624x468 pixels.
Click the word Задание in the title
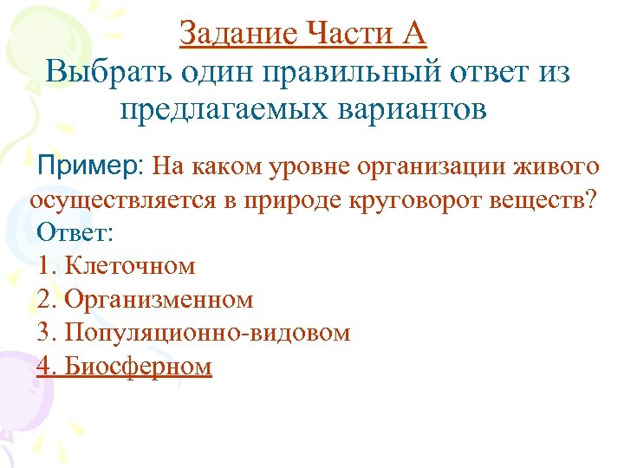coord(231,35)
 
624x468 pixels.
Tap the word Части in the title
coord(340,35)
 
